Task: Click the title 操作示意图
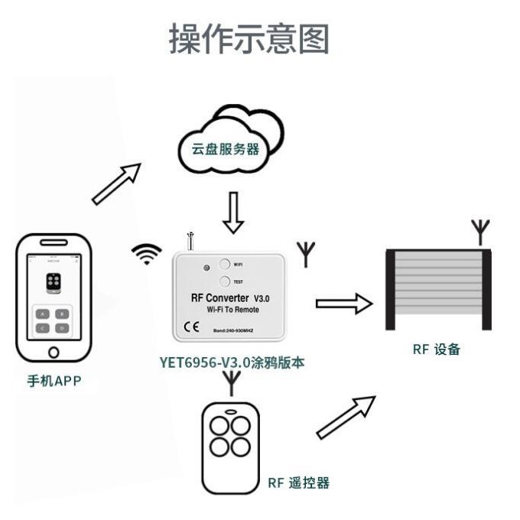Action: coord(249,39)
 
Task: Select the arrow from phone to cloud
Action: coord(116,184)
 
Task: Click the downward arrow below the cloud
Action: coord(233,212)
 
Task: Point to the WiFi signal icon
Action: coord(145,253)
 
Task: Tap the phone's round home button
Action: coord(53,353)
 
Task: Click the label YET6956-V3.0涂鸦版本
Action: coord(232,362)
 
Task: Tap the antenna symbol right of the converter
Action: coord(305,254)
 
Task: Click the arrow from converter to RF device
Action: coord(343,304)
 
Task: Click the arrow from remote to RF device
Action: coord(346,418)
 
